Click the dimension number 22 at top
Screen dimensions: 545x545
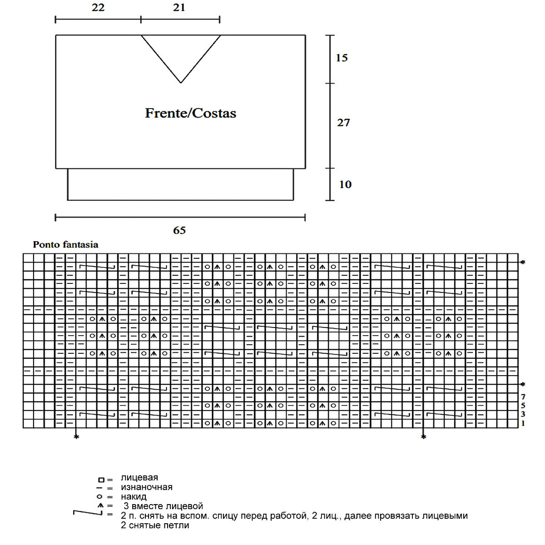(98, 8)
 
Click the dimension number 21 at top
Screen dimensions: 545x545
(179, 8)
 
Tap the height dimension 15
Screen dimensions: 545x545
(342, 58)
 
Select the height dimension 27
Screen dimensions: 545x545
(343, 122)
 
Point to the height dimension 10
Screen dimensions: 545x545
(345, 184)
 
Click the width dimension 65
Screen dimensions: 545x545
(179, 230)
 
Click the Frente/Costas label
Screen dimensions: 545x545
(191, 113)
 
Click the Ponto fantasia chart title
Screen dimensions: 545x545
(65, 244)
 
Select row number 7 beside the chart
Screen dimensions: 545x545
(523, 397)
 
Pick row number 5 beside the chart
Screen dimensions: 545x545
(523, 406)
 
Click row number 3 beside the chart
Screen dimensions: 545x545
(523, 414)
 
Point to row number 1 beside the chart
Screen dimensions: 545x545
(523, 423)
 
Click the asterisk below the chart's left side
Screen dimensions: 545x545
(76, 437)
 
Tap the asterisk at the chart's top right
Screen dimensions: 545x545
(523, 263)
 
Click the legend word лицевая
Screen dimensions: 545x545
(139, 477)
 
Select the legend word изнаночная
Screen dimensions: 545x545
(147, 487)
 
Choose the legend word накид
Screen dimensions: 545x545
(134, 496)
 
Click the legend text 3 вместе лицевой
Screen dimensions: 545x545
(163, 506)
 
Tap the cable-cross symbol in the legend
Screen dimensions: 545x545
(87, 514)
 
